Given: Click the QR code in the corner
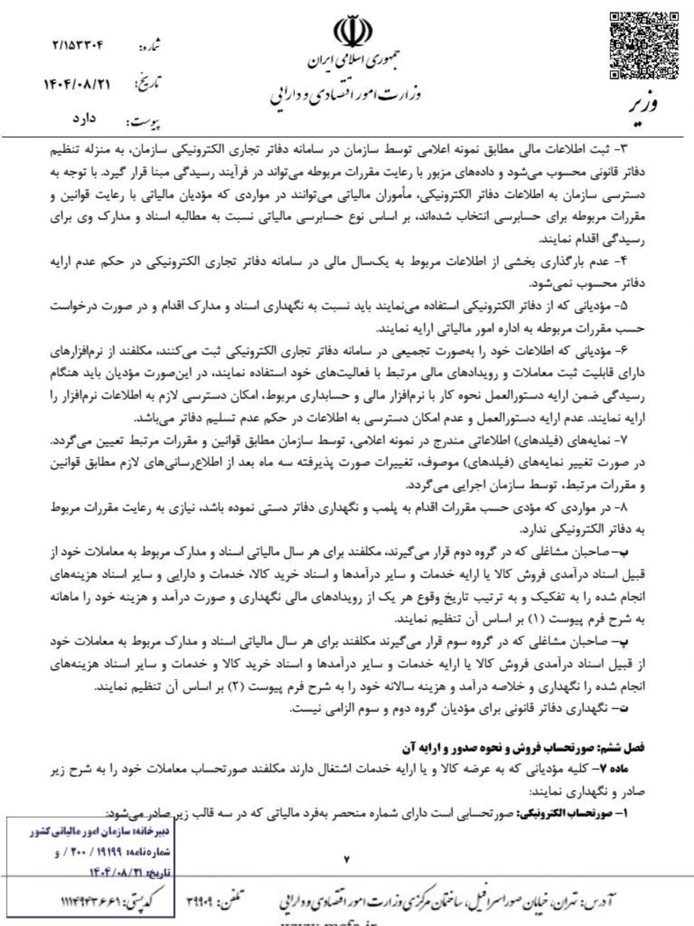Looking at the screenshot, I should [x=644, y=45].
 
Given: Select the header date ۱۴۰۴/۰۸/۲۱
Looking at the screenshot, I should [x=77, y=84].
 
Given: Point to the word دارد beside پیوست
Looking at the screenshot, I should [x=84, y=119].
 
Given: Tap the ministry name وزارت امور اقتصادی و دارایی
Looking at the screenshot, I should [x=345, y=95].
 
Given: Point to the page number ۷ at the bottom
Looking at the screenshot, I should [x=346, y=859].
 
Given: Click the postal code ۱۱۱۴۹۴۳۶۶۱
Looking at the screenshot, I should [x=91, y=902].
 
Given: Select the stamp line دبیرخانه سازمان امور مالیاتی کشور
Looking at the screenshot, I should [x=100, y=832].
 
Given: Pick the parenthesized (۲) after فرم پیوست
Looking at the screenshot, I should [x=236, y=687].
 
